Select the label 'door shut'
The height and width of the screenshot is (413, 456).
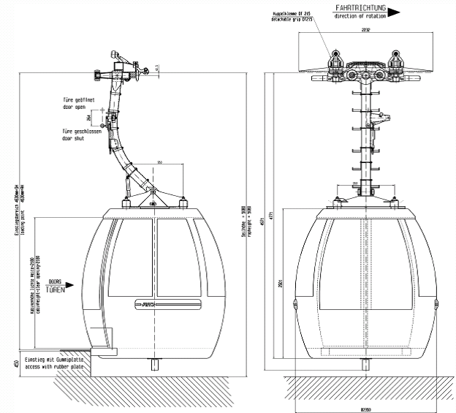click(74, 137)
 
